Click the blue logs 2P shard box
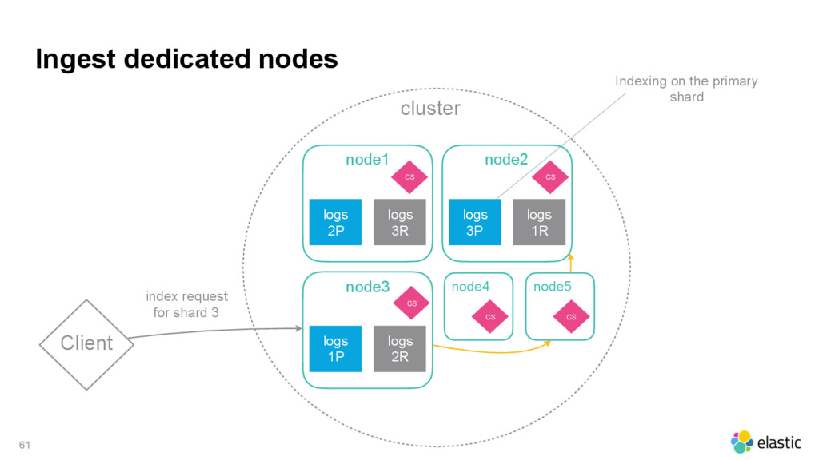335,222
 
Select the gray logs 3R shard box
400,222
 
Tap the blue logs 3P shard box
475,222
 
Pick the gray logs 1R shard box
539,222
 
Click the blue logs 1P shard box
335,349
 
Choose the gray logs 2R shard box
400,349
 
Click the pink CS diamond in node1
409,177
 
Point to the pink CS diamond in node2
550,177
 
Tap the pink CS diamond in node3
412,303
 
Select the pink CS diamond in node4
490,316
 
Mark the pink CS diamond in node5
571,316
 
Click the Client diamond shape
86,345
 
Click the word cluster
430,109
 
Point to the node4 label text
470,287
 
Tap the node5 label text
552,287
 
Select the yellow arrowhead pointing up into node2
571,257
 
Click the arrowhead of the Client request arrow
299,328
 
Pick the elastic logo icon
741,442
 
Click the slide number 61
25,445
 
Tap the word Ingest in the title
75,59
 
